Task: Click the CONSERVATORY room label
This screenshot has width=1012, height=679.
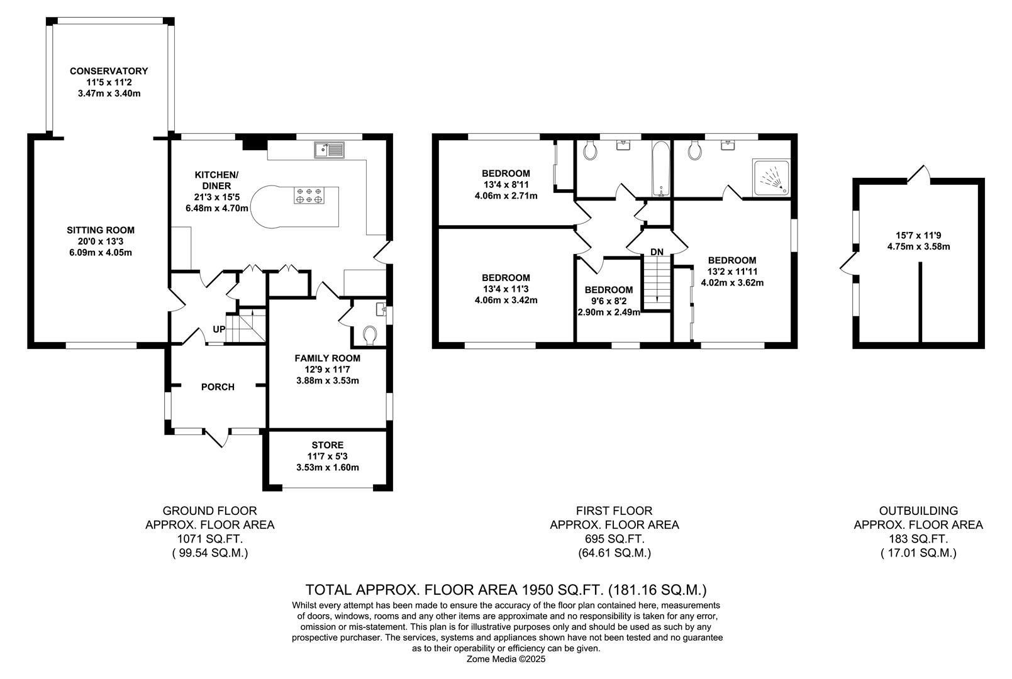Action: click(109, 71)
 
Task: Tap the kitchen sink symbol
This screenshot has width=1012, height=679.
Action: click(328, 150)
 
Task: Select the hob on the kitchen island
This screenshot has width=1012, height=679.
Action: click(309, 195)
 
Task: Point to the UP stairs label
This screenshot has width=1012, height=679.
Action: click(219, 329)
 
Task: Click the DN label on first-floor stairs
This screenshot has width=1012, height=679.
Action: click(657, 252)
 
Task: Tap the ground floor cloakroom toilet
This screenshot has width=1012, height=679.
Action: click(370, 334)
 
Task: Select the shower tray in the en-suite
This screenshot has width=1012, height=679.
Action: click(772, 177)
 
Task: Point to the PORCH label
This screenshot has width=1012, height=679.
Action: click(218, 387)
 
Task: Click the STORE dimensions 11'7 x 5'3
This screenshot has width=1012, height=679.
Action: click(327, 456)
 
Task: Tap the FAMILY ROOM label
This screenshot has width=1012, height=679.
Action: click(327, 358)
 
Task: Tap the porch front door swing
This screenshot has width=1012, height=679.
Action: click(215, 438)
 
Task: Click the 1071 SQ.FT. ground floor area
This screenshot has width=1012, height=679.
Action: click(209, 539)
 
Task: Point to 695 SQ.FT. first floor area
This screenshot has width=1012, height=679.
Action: click(614, 539)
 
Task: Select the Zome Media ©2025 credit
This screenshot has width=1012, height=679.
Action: click(506, 660)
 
